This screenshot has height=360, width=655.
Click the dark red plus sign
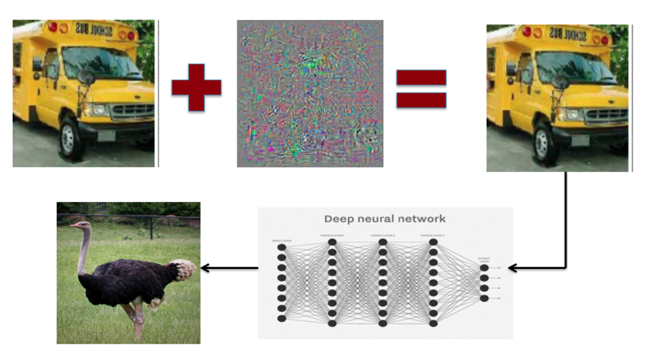pos(196,87)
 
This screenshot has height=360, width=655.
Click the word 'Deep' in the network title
pos(340,219)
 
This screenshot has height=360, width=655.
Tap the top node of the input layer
pos(282,247)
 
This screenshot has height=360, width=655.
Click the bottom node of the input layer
pos(282,318)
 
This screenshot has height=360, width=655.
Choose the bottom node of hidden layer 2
pos(383,323)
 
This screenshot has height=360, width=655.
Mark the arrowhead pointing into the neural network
pos(512,268)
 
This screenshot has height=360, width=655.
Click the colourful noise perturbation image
pos(310,93)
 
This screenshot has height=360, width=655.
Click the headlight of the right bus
pos(570,114)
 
